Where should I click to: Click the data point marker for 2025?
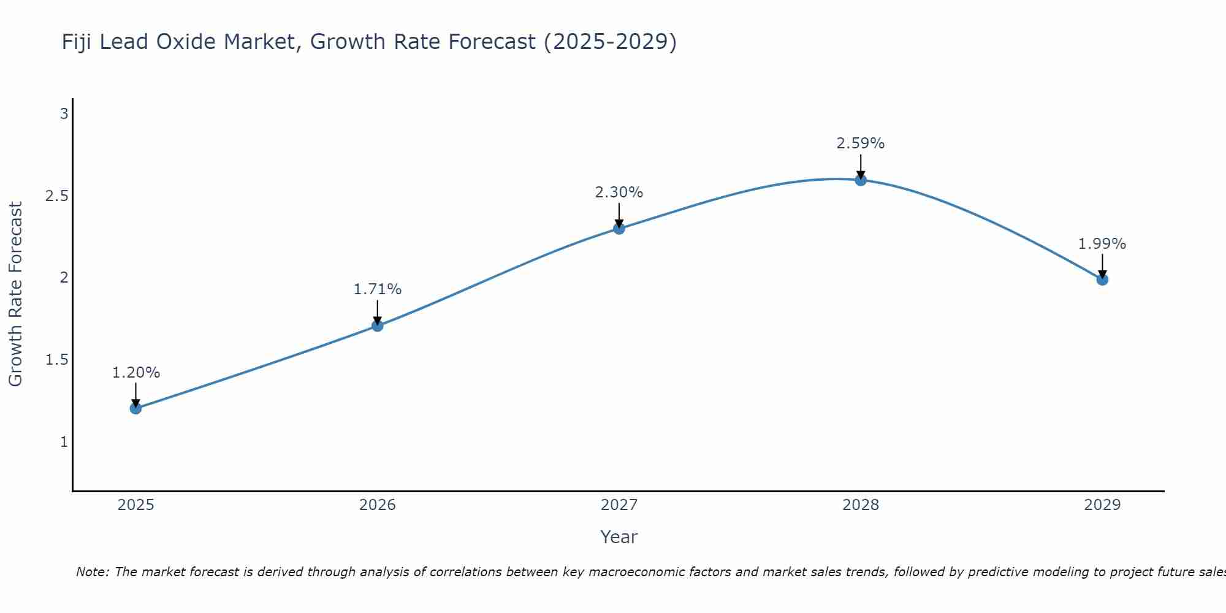tap(136, 408)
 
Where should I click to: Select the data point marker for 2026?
tap(378, 326)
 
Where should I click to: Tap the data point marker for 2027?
tap(619, 229)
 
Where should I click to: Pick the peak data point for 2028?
tap(861, 180)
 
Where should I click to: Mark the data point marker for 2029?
tap(1102, 280)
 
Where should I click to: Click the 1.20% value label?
tap(136, 373)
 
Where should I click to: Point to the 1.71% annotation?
tap(378, 289)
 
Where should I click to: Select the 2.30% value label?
tap(619, 192)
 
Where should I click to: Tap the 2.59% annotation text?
tap(861, 143)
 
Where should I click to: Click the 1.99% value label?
tap(1102, 244)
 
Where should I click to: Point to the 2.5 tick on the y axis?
tap(56, 196)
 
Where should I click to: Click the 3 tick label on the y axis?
tap(64, 114)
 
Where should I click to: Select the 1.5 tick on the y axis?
tap(56, 360)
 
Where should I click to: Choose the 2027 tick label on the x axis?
tap(619, 505)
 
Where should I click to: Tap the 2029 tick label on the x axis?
tap(1102, 505)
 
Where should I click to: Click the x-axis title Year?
tap(619, 537)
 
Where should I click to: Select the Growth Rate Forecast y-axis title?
tap(15, 294)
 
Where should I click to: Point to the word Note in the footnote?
tap(92, 572)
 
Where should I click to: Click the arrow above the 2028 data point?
tap(861, 166)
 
